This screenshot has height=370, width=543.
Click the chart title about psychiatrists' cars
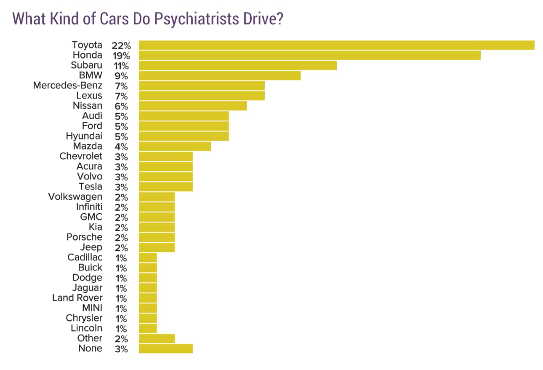click(x=147, y=19)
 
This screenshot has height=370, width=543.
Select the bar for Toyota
click(x=336, y=45)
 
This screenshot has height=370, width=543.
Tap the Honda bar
click(x=309, y=55)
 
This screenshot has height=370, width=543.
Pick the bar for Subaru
click(x=237, y=65)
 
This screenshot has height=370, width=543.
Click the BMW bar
click(x=219, y=75)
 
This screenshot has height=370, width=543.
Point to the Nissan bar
click(x=192, y=106)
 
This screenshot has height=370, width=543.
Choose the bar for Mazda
click(x=174, y=146)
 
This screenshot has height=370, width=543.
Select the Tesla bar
click(x=165, y=187)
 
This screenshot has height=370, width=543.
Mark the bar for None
click(x=165, y=349)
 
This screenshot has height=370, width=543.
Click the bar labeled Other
click(x=157, y=338)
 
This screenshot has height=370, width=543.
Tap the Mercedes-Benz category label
click(x=67, y=86)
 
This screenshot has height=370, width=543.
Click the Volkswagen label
click(x=75, y=197)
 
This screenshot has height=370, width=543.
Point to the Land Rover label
click(x=77, y=298)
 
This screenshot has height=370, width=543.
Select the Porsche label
click(x=84, y=237)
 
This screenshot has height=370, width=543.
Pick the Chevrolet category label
click(x=81, y=156)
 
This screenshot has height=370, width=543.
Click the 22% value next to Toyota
click(x=121, y=46)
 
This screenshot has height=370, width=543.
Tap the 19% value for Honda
click(x=121, y=56)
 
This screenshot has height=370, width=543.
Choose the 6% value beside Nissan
click(x=121, y=106)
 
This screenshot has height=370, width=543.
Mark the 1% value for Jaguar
click(x=121, y=288)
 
